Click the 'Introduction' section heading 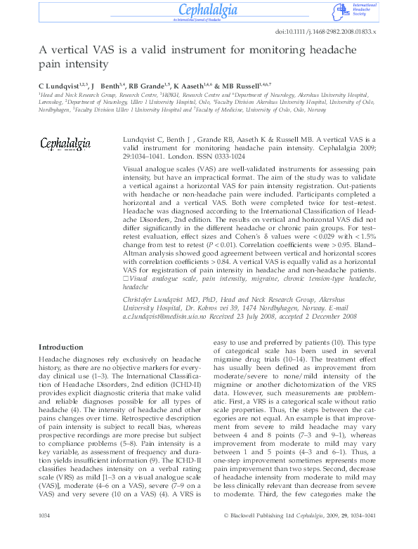(60, 348)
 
